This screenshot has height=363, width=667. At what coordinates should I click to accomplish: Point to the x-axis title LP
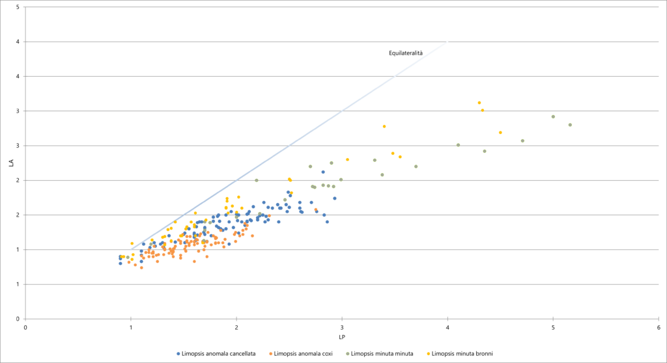click(342, 337)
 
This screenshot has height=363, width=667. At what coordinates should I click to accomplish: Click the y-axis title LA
click(11, 163)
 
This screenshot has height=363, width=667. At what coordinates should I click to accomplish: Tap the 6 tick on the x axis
click(659, 327)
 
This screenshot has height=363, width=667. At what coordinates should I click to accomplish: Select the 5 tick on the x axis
click(553, 327)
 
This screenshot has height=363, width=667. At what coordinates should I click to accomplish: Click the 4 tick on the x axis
click(447, 327)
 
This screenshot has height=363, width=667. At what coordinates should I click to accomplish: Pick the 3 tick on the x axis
click(342, 327)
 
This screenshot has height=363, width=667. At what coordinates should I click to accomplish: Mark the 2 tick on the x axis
click(236, 327)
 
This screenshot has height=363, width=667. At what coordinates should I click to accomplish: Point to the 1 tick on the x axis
click(131, 327)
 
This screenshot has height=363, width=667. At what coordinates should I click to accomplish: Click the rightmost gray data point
click(570, 125)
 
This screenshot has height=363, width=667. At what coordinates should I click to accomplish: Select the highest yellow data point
click(479, 103)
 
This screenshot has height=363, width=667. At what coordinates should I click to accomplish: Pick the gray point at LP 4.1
click(458, 145)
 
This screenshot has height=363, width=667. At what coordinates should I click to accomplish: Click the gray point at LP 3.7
click(416, 167)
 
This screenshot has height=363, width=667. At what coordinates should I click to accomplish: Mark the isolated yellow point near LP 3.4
click(384, 126)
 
